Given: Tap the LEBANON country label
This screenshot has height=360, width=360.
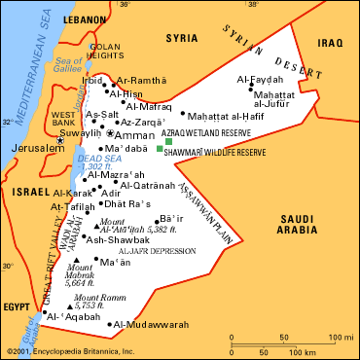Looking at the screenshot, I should [x=86, y=18].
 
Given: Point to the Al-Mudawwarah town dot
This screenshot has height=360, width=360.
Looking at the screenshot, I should [x=111, y=324].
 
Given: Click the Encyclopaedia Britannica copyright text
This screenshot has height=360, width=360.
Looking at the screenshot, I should [x=68, y=351].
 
